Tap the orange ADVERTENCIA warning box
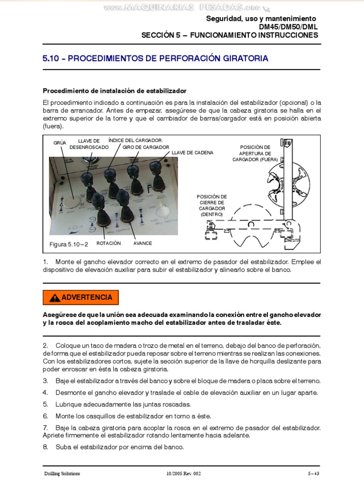tap(81, 297)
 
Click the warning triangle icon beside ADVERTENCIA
tap(55, 298)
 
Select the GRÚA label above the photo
tap(60, 143)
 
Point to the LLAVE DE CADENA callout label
tap(192, 153)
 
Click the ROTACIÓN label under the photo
tap(109, 243)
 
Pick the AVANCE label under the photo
tap(142, 243)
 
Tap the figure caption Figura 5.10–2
tap(69, 244)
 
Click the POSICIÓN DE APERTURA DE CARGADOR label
tap(255, 153)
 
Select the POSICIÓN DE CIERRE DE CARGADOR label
tap(211, 205)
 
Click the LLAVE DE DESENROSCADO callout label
tap(89, 144)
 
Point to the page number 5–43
tap(313, 473)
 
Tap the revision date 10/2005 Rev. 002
tap(184, 473)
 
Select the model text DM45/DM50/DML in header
tap(288, 27)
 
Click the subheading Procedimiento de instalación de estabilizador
tap(115, 90)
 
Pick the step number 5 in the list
tap(45, 404)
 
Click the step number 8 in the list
tap(45, 447)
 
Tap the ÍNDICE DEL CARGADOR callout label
tap(136, 141)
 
